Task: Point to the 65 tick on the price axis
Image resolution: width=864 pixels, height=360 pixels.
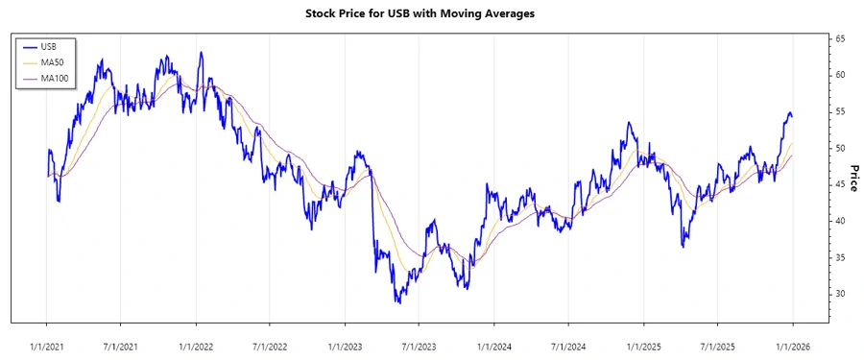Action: tap(839, 38)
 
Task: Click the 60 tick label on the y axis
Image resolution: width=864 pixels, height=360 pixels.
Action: tap(839, 75)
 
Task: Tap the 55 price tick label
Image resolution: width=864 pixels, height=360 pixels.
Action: tap(839, 111)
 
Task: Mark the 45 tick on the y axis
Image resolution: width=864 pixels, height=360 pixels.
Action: tap(839, 184)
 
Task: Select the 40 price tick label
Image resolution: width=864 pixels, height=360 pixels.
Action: tap(839, 221)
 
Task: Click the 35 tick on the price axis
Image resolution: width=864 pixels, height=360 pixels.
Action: tap(839, 257)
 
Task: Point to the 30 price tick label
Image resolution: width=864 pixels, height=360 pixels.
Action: tap(839, 294)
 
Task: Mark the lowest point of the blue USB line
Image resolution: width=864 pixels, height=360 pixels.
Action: tap(398, 303)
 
